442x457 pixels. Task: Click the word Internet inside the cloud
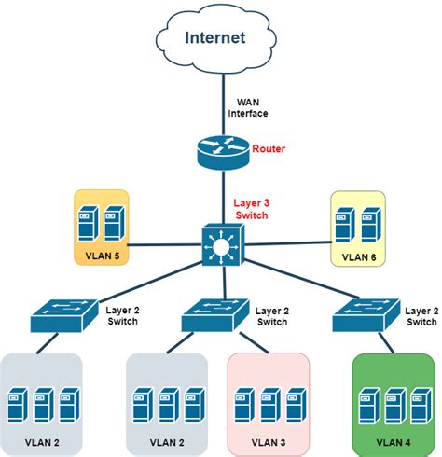215,38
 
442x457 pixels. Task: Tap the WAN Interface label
248,107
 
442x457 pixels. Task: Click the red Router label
269,149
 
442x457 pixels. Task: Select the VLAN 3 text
268,439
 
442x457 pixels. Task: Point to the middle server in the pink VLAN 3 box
268,404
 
